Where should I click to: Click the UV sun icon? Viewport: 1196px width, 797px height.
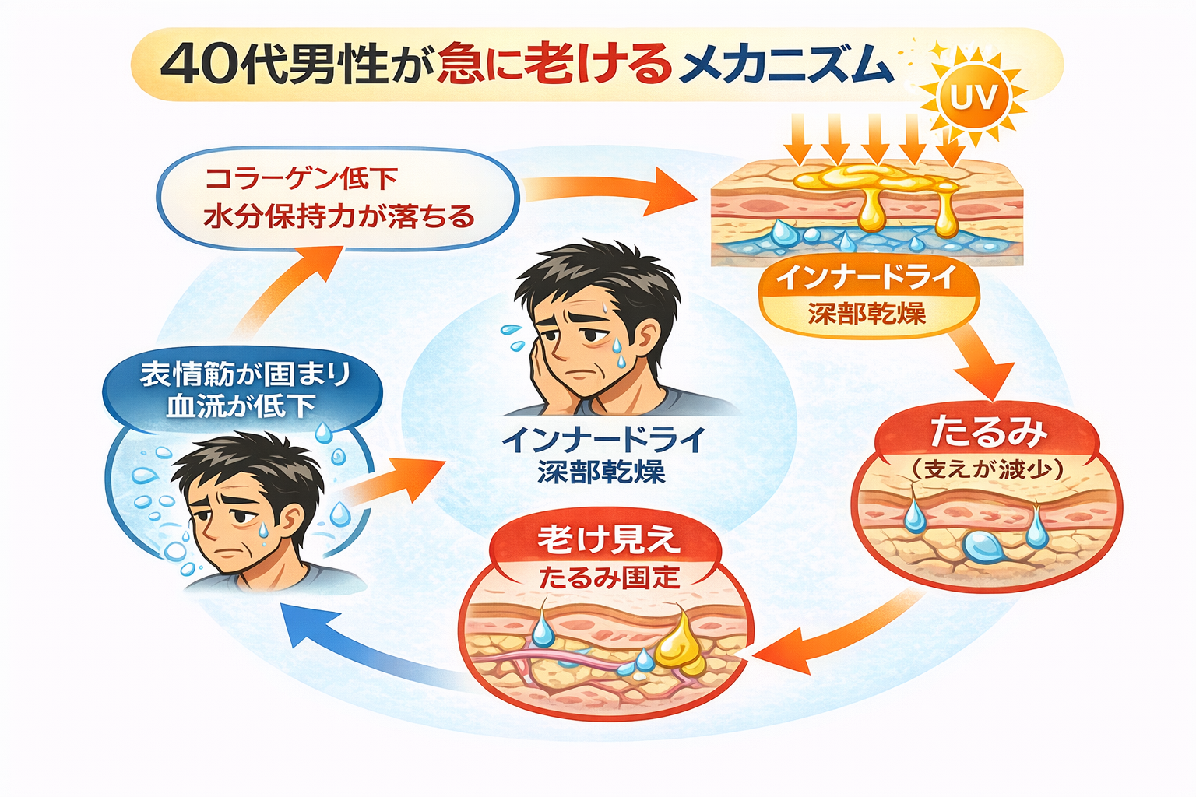(973, 98)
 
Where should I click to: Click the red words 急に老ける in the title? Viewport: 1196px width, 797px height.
(554, 64)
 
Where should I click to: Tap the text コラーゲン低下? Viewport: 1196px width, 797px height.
(301, 179)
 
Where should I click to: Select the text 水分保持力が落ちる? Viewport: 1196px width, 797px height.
(339, 216)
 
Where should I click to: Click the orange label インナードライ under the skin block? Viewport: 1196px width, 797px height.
(865, 278)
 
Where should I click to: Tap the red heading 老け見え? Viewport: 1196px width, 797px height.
(608, 540)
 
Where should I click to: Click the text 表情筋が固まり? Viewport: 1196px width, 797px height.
(244, 374)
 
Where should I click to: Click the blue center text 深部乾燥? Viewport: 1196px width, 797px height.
(601, 472)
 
